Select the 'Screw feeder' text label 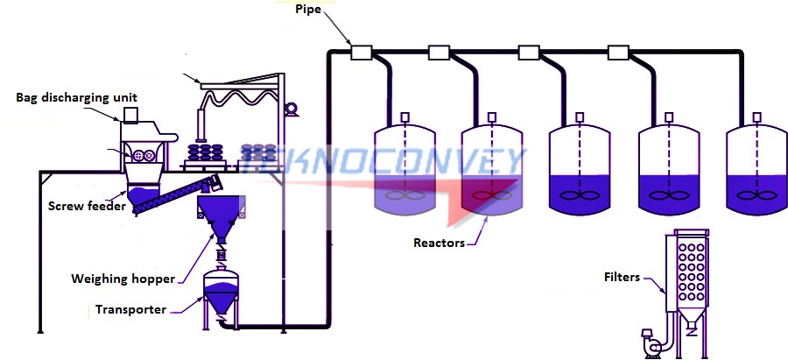pos(85,207)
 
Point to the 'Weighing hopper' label pos(123,279)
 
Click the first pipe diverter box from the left pos(361,53)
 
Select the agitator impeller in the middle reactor pos(579,195)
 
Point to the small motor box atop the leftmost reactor pos(404,118)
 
